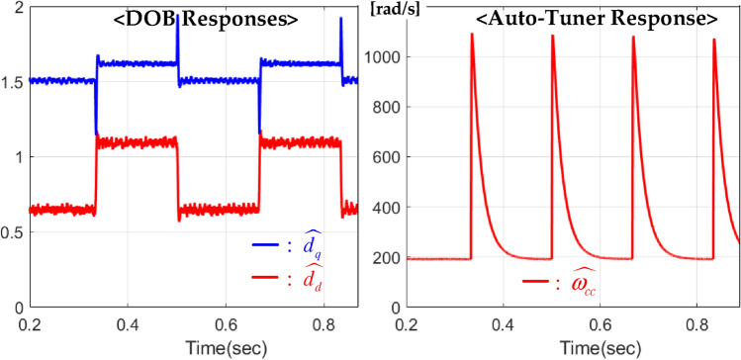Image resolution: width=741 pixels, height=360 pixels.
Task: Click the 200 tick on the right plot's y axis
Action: [x=390, y=259]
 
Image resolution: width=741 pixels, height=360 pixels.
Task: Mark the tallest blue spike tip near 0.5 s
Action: [x=177, y=17]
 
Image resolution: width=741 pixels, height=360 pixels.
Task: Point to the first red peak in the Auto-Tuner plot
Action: [x=472, y=34]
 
